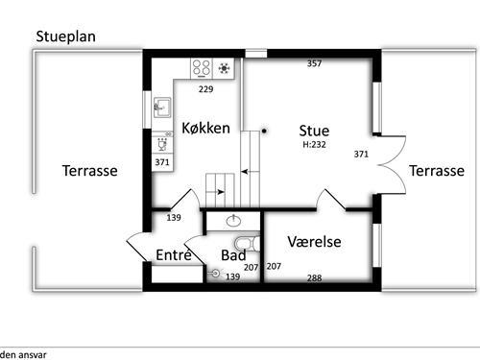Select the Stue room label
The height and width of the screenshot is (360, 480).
[x=314, y=131]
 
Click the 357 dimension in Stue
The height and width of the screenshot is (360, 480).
[x=313, y=64]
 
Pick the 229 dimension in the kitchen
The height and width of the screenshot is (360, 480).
[x=204, y=90]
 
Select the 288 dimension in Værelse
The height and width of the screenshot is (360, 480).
[x=314, y=278]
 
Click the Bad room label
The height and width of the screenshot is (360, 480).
[x=233, y=255]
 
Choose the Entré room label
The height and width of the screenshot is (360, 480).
[x=174, y=254]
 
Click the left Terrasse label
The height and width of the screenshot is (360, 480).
[x=89, y=171]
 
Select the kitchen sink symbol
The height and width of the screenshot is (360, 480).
[x=162, y=108]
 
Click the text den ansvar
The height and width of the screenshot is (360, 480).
[x=23, y=353]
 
